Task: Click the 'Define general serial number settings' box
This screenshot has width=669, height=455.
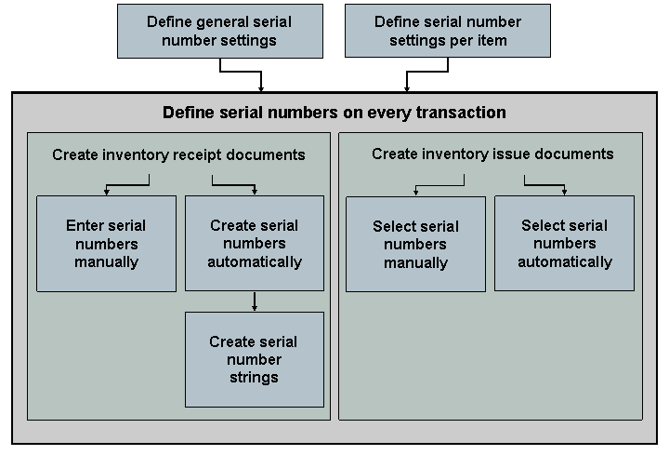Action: tap(219, 31)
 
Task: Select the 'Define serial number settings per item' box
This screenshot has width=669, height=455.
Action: tap(448, 31)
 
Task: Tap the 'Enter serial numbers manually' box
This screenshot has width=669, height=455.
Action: tap(106, 244)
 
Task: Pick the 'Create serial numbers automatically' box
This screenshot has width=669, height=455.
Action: tap(255, 244)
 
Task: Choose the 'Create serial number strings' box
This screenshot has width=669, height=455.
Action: tap(255, 359)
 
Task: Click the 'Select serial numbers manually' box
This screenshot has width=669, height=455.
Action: tap(415, 244)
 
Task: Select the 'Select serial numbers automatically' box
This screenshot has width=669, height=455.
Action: tap(564, 244)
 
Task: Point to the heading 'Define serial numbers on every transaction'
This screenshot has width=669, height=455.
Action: tap(334, 113)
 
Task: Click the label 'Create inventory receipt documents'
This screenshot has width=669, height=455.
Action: tap(178, 155)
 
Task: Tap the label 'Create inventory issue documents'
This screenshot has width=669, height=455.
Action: tap(492, 154)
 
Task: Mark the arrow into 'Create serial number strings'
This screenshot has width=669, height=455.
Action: tap(255, 301)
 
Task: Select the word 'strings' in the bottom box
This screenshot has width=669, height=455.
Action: tap(255, 378)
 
